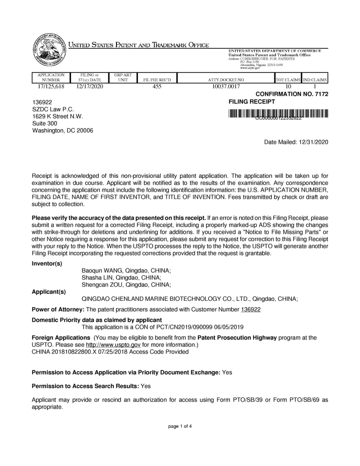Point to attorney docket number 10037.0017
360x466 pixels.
tap(226, 86)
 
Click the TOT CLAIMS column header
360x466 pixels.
tap(288, 80)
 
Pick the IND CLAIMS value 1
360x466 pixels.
tap(314, 86)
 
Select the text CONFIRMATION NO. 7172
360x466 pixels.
tap(292, 94)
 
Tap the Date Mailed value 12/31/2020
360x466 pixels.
tap(312, 142)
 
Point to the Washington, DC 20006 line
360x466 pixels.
tap(62, 131)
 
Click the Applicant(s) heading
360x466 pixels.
tap(49, 291)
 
